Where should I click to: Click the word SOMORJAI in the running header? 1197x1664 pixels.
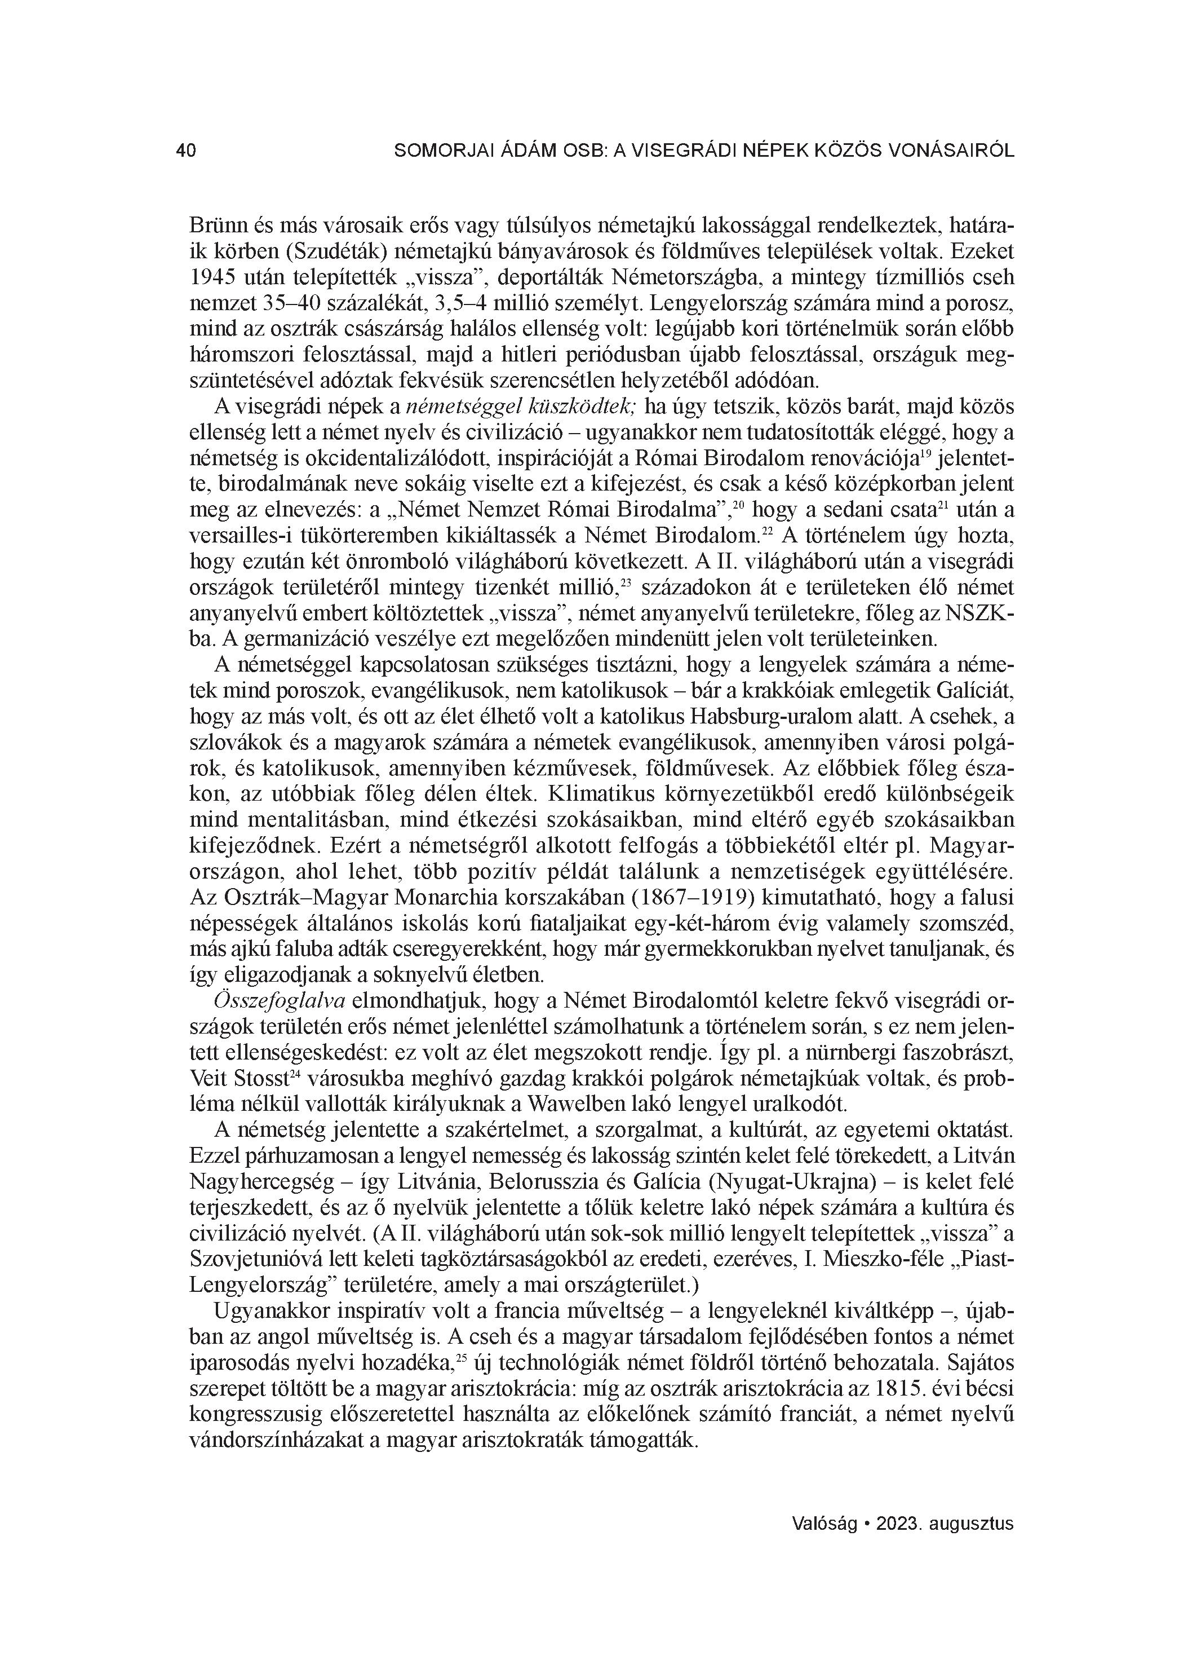coord(436,151)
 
